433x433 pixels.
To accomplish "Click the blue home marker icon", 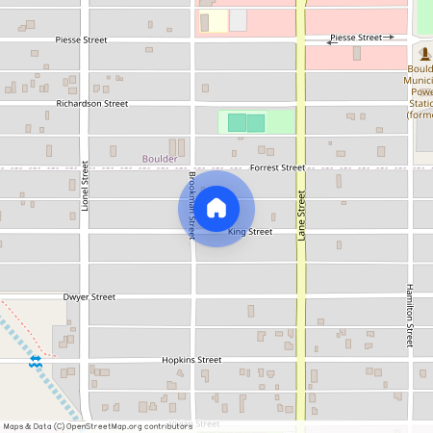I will [x=216, y=208].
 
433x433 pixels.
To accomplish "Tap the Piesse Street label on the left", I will [x=81, y=40].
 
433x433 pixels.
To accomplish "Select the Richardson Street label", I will [x=91, y=103].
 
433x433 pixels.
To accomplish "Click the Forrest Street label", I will [x=277, y=167].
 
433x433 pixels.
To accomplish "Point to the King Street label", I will [x=250, y=232].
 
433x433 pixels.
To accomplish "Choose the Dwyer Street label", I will [x=89, y=297].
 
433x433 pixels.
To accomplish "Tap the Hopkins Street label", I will [x=191, y=360].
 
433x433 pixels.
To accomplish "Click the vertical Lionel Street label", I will [x=85, y=186].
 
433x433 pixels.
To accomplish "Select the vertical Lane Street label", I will [x=301, y=215].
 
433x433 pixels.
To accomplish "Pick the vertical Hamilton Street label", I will [x=409, y=315].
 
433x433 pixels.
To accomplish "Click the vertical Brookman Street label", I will [x=192, y=205].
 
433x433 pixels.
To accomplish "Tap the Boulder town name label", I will [x=160, y=159].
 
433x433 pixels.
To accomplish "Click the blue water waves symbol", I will [x=35, y=361].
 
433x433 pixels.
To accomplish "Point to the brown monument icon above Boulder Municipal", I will [x=425, y=53].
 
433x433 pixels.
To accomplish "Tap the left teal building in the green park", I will [x=237, y=122].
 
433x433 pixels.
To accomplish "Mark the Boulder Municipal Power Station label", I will [x=420, y=92].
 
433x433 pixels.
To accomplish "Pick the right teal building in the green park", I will [x=256, y=122].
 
